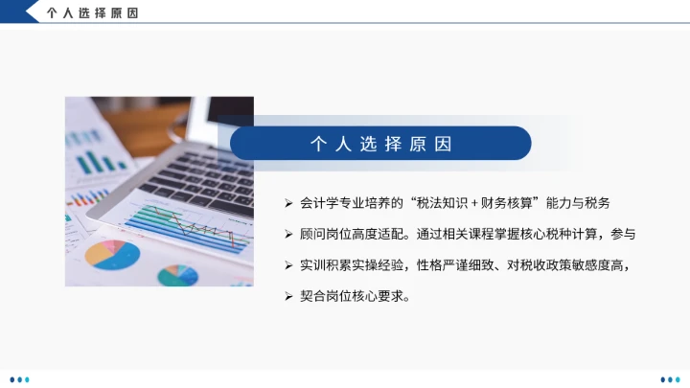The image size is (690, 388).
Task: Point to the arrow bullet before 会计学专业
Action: [288, 203]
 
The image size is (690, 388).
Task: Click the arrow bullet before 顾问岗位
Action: [288, 234]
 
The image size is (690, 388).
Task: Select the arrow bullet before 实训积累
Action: [288, 265]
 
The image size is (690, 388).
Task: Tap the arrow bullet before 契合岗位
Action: [288, 296]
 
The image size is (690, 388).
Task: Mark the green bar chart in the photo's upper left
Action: [94, 158]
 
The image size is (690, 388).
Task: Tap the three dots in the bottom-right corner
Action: [669, 378]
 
